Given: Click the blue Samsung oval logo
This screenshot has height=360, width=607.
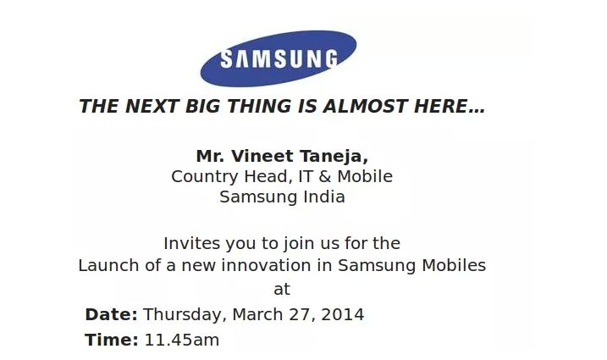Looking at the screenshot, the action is [x=279, y=58].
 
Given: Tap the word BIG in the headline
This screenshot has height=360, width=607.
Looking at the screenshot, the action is [x=202, y=106].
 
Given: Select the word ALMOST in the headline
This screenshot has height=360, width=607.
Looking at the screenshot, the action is [x=366, y=106].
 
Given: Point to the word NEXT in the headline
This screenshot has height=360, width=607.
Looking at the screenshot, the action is [x=152, y=106].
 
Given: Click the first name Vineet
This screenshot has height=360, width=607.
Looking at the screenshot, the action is [x=262, y=156].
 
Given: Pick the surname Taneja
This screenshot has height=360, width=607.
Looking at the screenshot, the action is [x=334, y=157].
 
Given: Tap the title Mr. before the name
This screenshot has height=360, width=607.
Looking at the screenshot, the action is [x=210, y=156].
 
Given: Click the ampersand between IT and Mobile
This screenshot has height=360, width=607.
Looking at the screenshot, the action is [x=325, y=177].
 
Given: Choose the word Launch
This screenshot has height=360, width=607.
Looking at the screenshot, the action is [x=108, y=266].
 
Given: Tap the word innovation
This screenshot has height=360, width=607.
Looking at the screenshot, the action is [x=267, y=266].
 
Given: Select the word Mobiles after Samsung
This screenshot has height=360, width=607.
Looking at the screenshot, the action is [x=454, y=266].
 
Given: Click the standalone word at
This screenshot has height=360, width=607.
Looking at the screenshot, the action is [x=282, y=289].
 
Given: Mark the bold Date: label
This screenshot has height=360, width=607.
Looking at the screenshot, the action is [x=111, y=314].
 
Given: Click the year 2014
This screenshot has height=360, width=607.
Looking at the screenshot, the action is [x=343, y=314].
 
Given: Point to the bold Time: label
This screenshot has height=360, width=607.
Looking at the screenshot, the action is [x=112, y=340].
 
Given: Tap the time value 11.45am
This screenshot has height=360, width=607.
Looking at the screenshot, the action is [x=182, y=340].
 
